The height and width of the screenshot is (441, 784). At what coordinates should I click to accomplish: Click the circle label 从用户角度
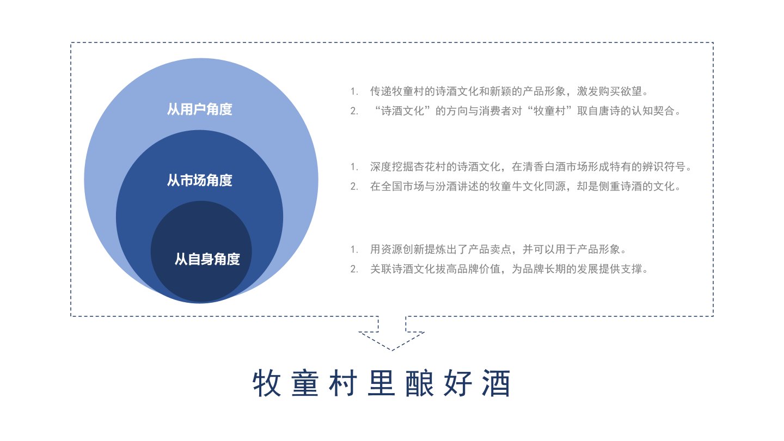(199, 109)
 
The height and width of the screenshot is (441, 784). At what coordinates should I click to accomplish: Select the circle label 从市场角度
(199, 180)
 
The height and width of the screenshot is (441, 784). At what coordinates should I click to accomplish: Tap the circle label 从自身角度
(207, 259)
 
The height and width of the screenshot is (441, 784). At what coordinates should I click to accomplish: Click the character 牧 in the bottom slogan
(267, 383)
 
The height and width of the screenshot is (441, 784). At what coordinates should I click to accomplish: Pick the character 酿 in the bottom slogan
(420, 383)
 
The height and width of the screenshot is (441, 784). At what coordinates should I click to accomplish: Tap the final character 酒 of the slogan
(496, 383)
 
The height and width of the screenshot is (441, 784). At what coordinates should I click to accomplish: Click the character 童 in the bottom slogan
(305, 383)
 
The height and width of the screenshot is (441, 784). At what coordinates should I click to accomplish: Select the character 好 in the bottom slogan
(458, 383)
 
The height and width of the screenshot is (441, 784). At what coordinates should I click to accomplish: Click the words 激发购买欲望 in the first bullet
(609, 91)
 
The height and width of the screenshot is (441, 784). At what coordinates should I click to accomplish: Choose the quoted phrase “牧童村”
(550, 111)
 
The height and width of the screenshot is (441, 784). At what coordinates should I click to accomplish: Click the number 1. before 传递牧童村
(354, 91)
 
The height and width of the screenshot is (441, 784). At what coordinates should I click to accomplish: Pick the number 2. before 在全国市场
(354, 187)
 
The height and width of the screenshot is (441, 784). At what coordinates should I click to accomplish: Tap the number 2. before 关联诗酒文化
(354, 269)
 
